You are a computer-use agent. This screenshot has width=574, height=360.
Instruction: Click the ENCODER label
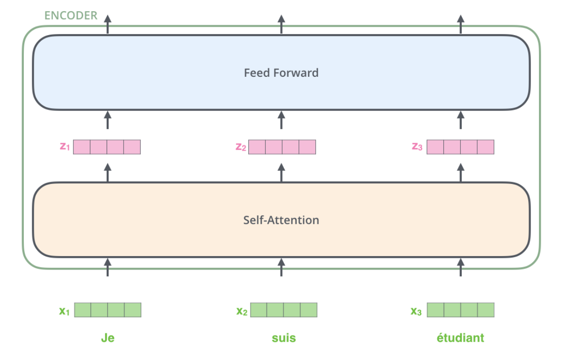[x=71, y=15]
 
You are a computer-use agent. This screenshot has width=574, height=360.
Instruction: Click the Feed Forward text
[x=281, y=73]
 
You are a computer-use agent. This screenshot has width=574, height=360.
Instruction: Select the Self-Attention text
[x=281, y=220]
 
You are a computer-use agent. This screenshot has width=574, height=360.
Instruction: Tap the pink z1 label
[x=65, y=147]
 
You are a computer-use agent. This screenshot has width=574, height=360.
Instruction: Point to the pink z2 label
[x=241, y=147]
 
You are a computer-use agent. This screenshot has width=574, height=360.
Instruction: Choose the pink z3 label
[x=417, y=147]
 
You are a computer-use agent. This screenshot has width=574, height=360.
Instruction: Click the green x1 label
[x=64, y=311]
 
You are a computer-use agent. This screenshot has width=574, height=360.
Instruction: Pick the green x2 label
[x=242, y=311]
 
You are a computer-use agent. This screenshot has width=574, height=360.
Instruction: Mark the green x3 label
[x=416, y=311]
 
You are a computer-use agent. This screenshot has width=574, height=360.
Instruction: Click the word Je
[x=108, y=338]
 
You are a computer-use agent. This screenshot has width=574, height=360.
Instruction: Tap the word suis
[x=283, y=338]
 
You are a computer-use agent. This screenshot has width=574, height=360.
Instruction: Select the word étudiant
[x=460, y=338]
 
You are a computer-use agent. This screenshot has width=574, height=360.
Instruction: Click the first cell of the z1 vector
[x=82, y=147]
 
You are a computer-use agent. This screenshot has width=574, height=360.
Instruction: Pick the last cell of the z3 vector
[x=486, y=147]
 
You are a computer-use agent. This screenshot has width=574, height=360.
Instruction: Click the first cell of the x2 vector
[x=259, y=310]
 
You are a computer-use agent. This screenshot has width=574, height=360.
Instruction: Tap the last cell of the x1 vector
[x=133, y=310]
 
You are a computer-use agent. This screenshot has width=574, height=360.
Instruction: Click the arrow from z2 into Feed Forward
[x=281, y=120]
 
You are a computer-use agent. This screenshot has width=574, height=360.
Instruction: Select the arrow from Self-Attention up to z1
[x=108, y=173]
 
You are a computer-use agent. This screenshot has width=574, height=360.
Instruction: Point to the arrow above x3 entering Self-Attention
[x=461, y=267]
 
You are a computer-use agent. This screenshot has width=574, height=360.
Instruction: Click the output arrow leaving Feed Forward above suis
[x=281, y=24]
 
